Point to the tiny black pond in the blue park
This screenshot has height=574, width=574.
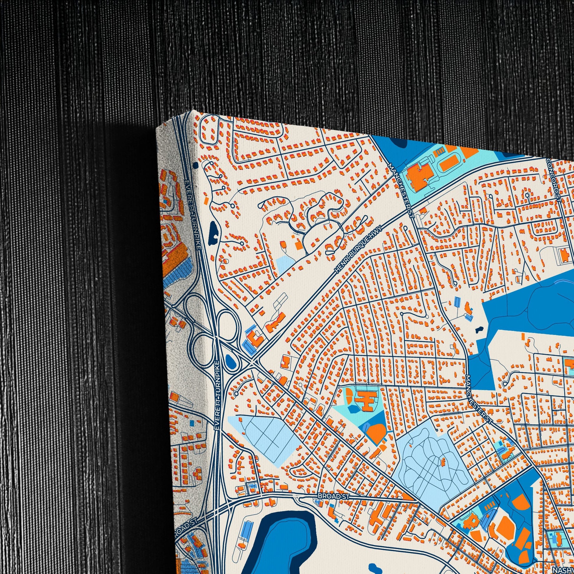tap(479, 329)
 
